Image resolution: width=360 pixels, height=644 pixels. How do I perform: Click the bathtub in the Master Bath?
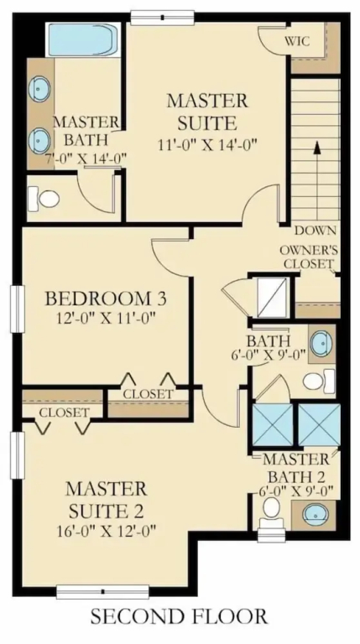(85, 39)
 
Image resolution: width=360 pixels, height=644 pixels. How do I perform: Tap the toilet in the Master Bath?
(44, 199)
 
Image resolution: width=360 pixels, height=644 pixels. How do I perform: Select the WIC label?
(297, 41)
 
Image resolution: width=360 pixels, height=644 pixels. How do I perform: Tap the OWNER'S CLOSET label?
(309, 257)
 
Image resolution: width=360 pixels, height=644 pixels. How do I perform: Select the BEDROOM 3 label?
(106, 299)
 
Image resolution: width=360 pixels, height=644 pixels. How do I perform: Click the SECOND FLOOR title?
(180, 616)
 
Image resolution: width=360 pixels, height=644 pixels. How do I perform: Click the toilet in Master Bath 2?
(271, 512)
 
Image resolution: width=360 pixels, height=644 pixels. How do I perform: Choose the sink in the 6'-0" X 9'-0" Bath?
(321, 344)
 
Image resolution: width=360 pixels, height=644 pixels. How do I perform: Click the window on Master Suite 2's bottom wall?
(102, 592)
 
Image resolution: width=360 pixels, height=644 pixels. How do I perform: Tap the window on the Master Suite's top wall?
(162, 18)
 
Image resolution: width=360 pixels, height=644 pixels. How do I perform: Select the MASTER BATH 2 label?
(297, 468)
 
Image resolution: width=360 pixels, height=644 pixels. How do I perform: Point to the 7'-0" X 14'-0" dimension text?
(86, 158)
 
